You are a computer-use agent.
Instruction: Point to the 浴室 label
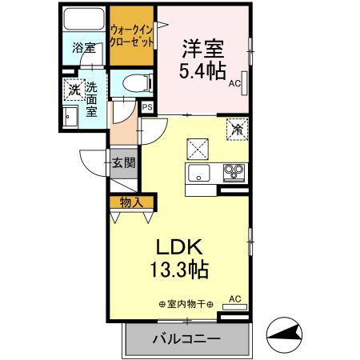pos(82,49)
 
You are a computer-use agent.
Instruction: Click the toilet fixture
pos(131,82)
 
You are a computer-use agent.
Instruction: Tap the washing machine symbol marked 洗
pos(74,90)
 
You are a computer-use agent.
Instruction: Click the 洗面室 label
pos(92,99)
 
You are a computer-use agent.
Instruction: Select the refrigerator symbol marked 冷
pos(237,128)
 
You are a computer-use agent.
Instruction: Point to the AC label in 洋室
pos(234,82)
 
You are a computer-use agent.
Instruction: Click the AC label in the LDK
pos(235,300)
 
